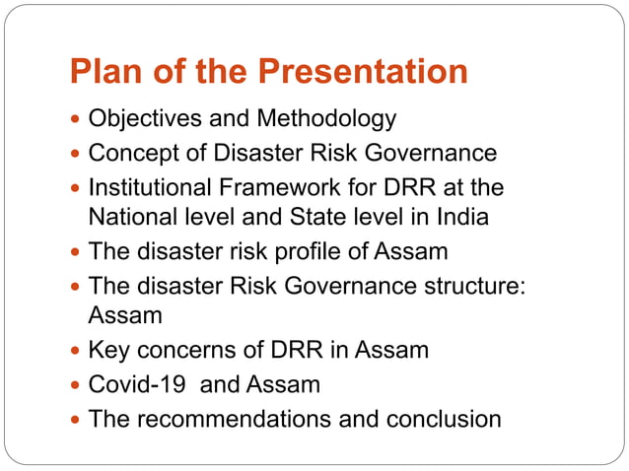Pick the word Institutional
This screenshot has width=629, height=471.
coord(147,187)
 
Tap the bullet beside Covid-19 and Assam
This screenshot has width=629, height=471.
coord(77,385)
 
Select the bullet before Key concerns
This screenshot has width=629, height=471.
coord(77,351)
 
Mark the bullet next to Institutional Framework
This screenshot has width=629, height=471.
coord(77,188)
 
